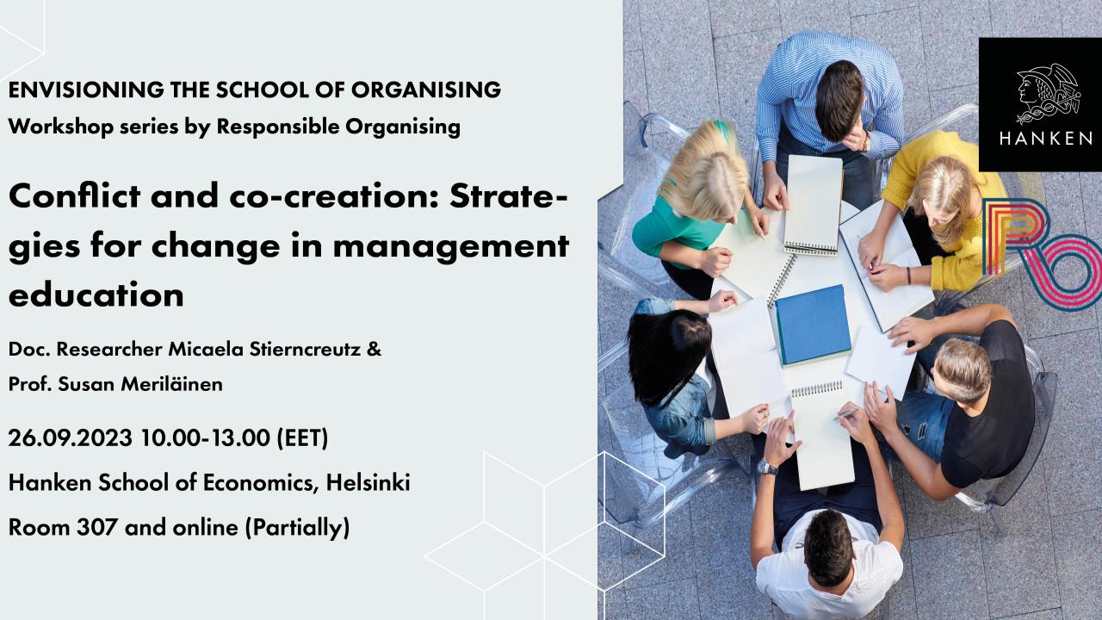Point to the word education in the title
pyautogui.click(x=96, y=294)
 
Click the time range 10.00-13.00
pyautogui.click(x=206, y=437)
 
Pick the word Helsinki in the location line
pyautogui.click(x=368, y=483)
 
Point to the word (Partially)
pyautogui.click(x=297, y=526)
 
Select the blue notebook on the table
pyautogui.click(x=814, y=323)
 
